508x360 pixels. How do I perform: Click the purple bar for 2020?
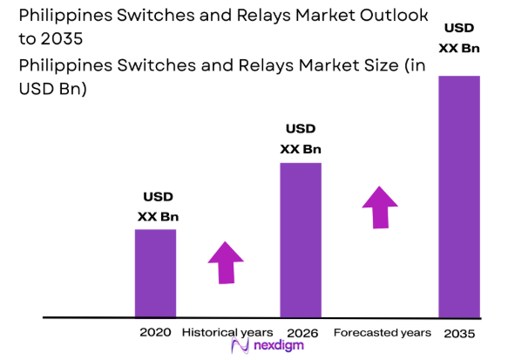pyautogui.click(x=155, y=273)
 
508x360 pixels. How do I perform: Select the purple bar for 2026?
pyautogui.click(x=301, y=240)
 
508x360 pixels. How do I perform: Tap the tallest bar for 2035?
pyautogui.click(x=459, y=196)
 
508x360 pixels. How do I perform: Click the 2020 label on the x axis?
pyautogui.click(x=155, y=333)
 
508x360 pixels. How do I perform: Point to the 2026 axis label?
pyautogui.click(x=301, y=333)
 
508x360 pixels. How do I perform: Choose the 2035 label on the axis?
pyautogui.click(x=459, y=333)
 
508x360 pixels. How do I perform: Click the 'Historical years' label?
pyautogui.click(x=227, y=333)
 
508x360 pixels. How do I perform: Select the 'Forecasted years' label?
pyautogui.click(x=382, y=333)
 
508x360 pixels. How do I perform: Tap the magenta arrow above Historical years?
pyautogui.click(x=226, y=262)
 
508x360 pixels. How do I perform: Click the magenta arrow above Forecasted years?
pyautogui.click(x=380, y=207)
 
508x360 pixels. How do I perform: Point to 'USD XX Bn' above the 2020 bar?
pyautogui.click(x=157, y=207)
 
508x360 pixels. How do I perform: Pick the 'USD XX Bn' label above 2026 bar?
pyautogui.click(x=301, y=139)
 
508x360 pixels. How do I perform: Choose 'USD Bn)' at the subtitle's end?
pyautogui.click(x=52, y=90)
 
